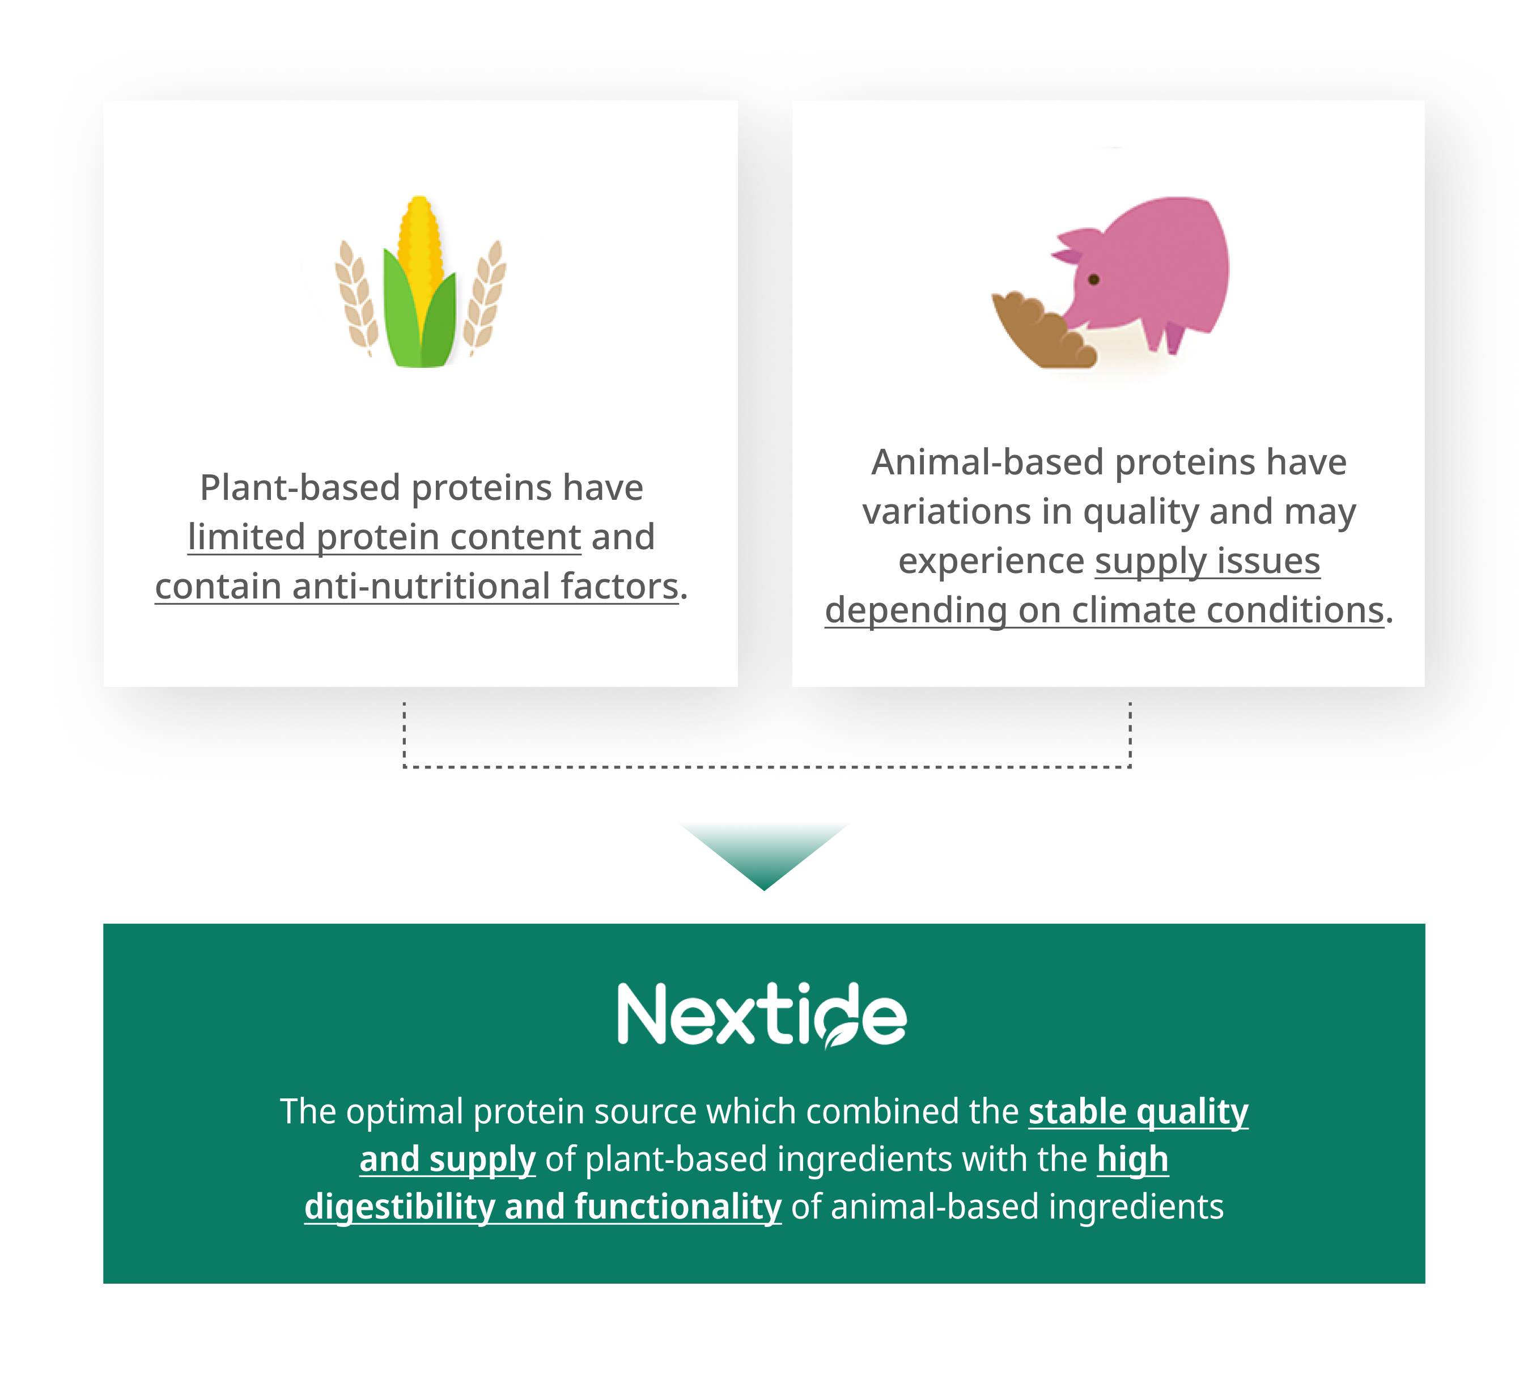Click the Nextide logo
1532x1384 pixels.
pyautogui.click(x=762, y=1014)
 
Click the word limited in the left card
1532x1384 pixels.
pyautogui.click(x=247, y=537)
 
